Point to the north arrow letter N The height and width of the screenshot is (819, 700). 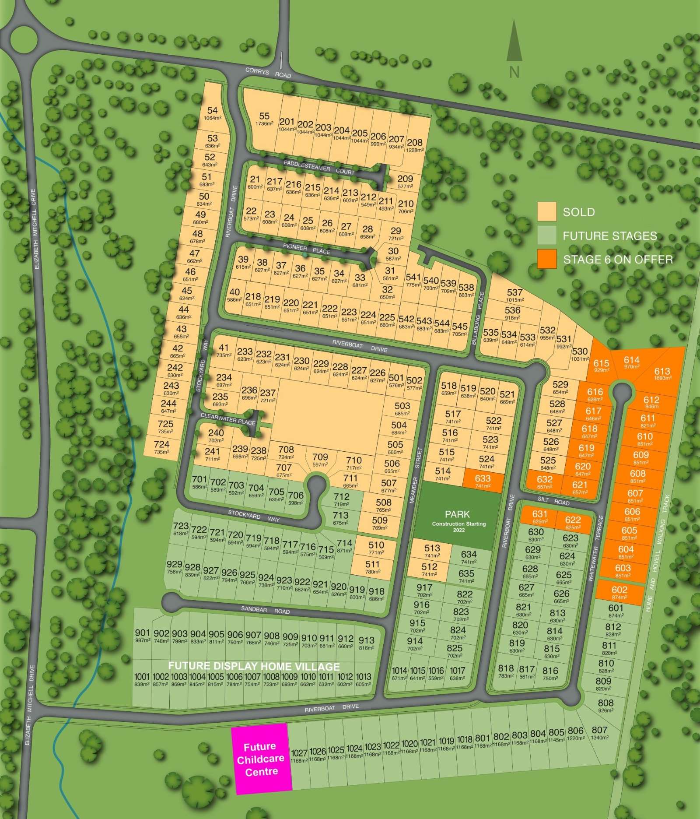[514, 72]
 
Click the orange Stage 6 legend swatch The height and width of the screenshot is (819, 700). [547, 259]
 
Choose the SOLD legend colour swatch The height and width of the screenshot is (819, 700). [547, 211]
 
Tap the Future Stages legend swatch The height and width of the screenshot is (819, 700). [547, 235]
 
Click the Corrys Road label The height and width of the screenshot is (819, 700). [268, 73]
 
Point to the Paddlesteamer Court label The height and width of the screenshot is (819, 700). [318, 167]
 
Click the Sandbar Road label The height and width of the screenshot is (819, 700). [266, 609]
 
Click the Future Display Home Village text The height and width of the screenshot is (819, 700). [254, 666]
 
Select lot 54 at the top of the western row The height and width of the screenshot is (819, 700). [213, 113]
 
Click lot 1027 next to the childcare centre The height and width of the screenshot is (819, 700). [299, 756]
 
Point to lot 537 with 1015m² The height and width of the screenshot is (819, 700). [514, 295]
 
